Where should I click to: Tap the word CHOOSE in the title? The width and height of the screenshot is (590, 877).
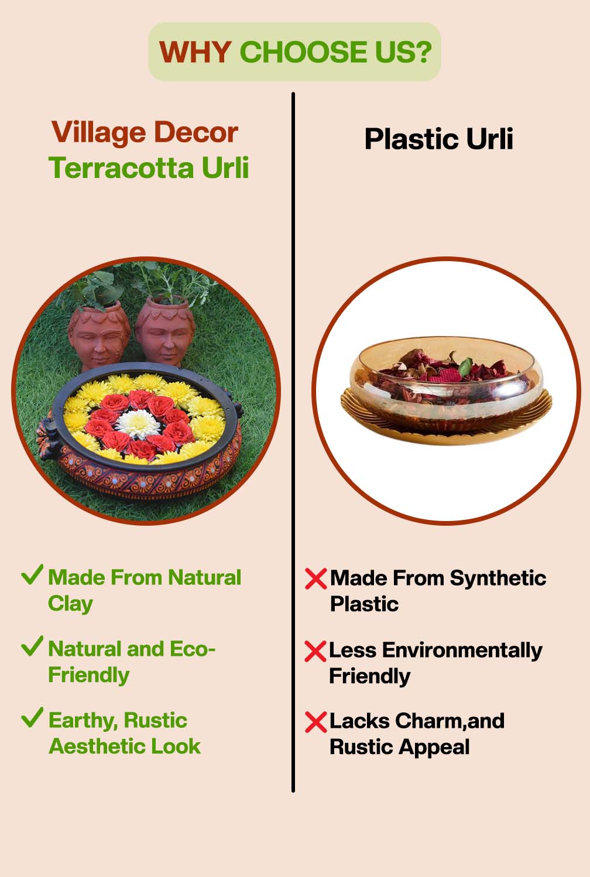300,52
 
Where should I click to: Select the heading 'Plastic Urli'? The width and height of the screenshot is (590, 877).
438,139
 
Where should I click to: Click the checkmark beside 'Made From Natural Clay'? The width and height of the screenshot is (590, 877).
32,575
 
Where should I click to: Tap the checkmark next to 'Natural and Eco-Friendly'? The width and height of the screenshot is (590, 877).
32,646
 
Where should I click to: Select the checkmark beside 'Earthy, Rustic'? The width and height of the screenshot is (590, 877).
32,717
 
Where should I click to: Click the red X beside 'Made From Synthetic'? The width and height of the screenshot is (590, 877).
315,579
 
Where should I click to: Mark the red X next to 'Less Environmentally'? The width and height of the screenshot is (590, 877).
315,651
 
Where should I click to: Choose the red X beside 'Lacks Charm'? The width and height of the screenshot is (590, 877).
315,722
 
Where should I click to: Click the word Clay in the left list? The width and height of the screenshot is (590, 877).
70,604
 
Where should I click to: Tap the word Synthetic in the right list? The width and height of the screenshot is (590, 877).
498,578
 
